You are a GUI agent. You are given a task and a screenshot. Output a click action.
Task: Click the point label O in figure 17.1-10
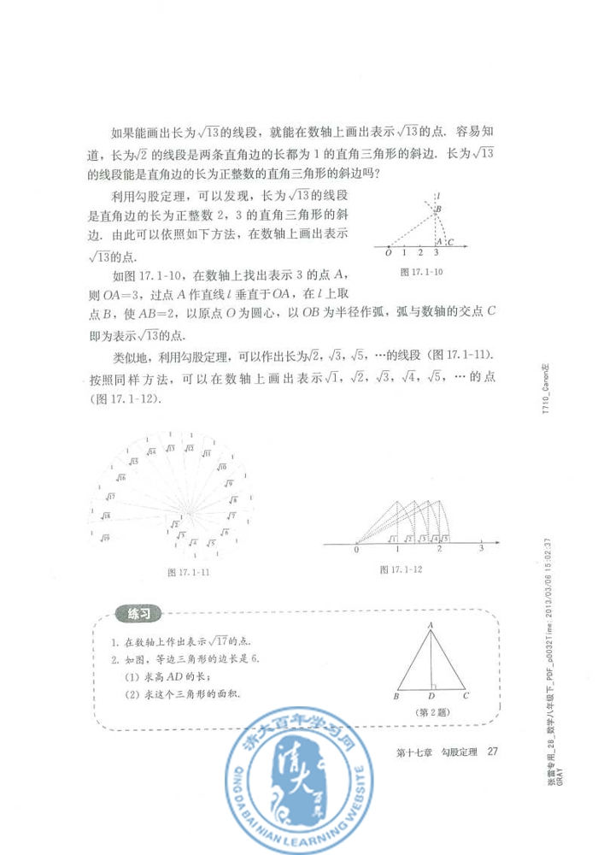click(389, 253)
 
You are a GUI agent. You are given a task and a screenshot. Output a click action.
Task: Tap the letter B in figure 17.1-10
click(438, 209)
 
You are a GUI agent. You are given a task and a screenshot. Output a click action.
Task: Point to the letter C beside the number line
click(449, 242)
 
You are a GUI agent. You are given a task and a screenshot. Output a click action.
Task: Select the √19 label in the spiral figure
click(105, 537)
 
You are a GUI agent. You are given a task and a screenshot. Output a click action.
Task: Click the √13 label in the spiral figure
click(172, 448)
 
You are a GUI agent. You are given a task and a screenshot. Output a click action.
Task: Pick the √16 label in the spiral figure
click(121, 477)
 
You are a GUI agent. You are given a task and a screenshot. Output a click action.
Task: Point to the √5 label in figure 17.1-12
click(445, 539)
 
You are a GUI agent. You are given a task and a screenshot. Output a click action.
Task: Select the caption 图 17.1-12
click(401, 569)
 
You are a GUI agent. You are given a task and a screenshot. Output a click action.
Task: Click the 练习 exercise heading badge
click(138, 613)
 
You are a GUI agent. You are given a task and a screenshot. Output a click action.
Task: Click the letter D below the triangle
click(431, 697)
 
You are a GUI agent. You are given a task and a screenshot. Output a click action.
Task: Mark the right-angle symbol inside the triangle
click(435, 685)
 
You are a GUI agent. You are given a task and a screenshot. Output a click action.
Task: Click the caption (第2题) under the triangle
click(431, 711)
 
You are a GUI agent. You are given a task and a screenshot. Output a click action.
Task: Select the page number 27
click(491, 752)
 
